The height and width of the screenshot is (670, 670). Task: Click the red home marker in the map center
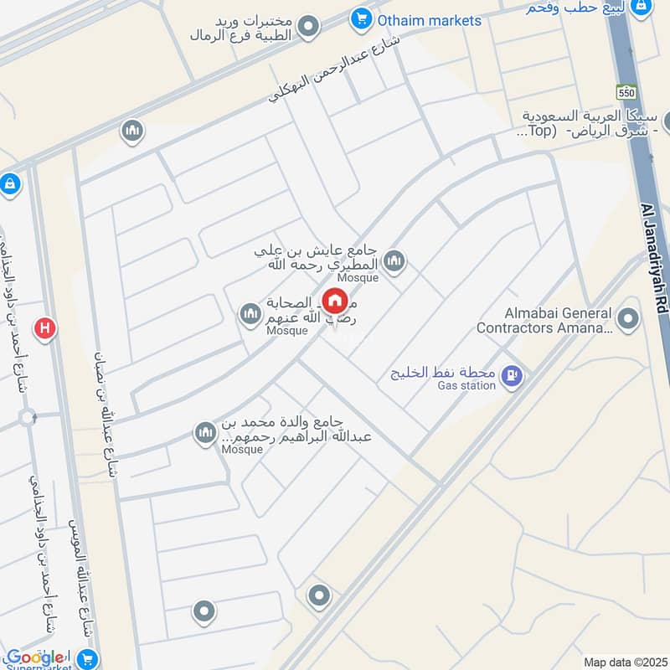tap(335, 301)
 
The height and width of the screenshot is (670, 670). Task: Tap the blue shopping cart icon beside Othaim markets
tap(361, 18)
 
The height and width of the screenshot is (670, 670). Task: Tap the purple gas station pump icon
tap(511, 377)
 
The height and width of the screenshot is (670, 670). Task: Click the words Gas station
tap(466, 386)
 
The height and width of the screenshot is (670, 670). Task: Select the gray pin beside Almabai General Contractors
tap(626, 318)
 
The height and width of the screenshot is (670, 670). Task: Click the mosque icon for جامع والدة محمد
tap(205, 433)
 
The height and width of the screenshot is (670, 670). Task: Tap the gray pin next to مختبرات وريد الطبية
tap(309, 27)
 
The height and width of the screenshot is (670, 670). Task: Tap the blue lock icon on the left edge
tap(9, 183)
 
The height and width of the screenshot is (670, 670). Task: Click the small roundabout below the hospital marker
tap(28, 417)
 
